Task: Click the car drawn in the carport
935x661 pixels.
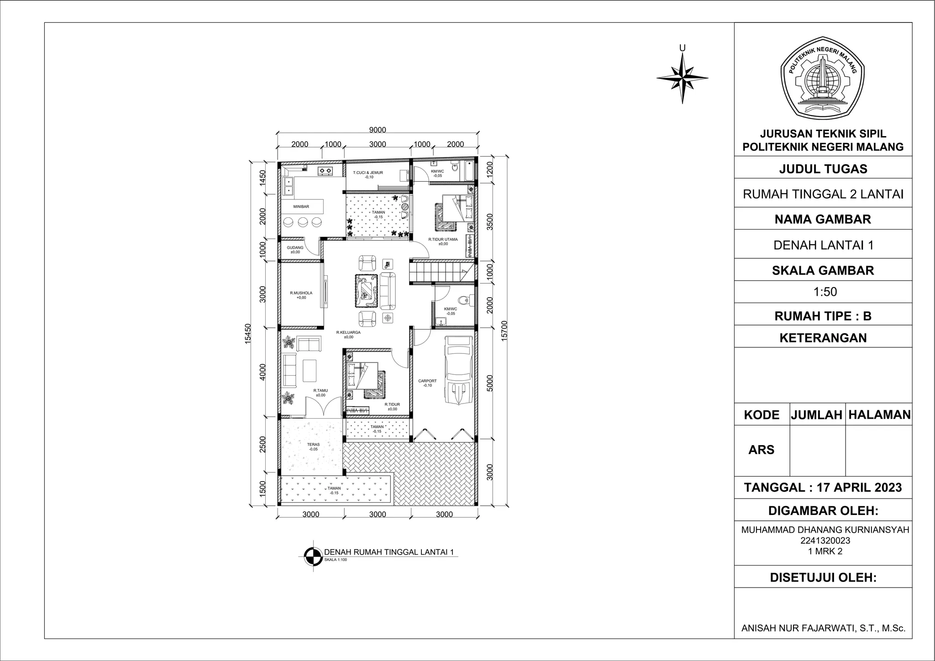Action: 459,370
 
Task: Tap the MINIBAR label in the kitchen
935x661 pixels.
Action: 301,207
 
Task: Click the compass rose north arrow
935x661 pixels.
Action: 683,78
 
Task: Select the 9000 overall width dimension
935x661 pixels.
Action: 378,130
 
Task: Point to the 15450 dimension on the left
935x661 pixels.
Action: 248,333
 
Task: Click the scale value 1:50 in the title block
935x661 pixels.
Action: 825,292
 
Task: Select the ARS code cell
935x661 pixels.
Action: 761,450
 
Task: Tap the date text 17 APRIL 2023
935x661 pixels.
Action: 859,488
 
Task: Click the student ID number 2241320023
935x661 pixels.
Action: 825,541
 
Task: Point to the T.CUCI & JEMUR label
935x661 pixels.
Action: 368,173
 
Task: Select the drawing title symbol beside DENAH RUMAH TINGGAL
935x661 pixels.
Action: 313,556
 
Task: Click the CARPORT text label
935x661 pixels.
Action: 427,381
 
